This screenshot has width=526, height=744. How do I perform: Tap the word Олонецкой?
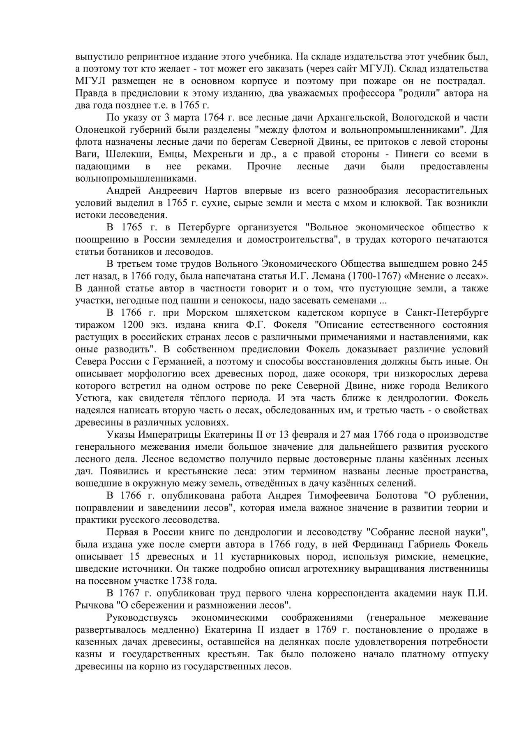(x=99, y=130)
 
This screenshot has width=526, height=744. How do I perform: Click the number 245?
(x=480, y=264)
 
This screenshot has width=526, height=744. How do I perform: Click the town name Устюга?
(x=90, y=398)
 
